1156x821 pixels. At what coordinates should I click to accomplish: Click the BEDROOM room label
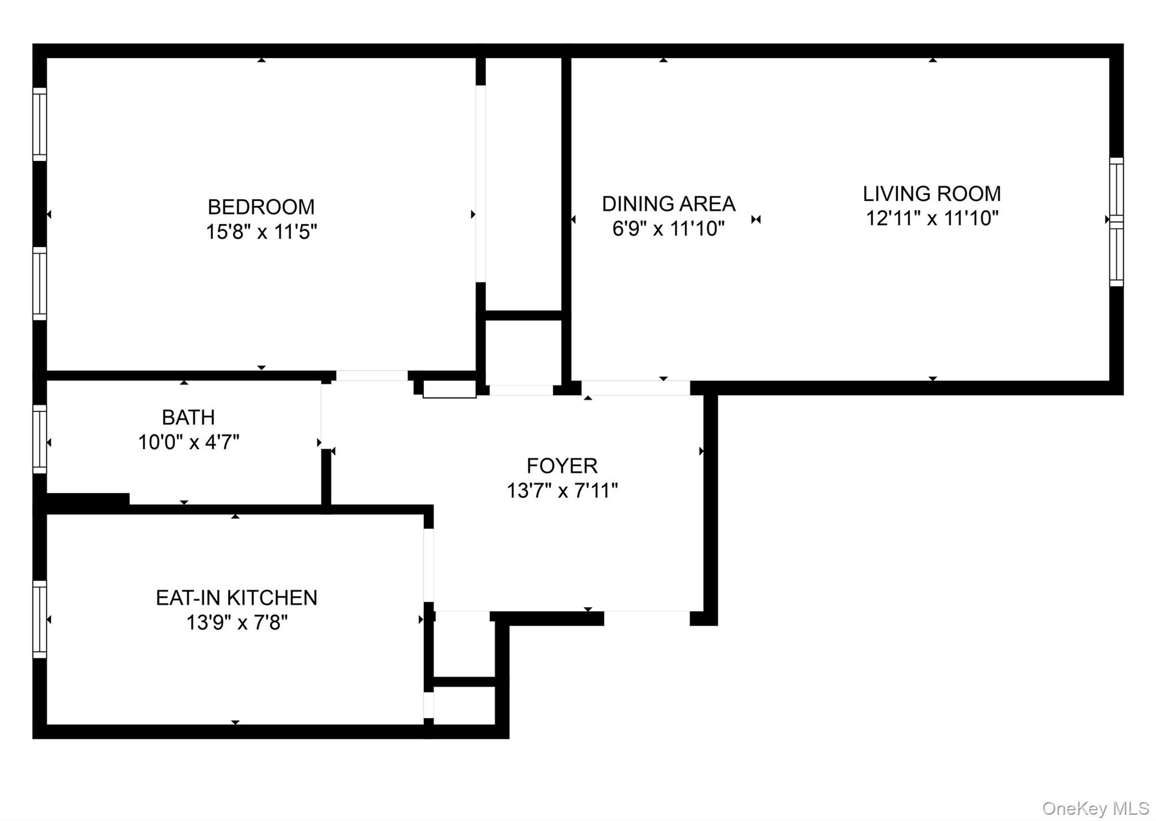(261, 207)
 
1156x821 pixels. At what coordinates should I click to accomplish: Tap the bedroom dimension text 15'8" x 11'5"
(261, 232)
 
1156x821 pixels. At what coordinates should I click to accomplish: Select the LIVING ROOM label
(931, 194)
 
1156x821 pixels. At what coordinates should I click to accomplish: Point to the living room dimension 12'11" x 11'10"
(932, 218)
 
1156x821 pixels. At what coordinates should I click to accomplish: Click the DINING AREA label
(668, 204)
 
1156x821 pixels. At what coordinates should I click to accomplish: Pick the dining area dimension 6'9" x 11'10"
(668, 229)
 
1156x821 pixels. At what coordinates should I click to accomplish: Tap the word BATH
(188, 418)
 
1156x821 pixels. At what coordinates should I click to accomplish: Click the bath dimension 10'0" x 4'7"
(189, 442)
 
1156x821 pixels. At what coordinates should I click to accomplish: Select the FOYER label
(562, 466)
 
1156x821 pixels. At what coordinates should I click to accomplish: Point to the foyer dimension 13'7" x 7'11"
(562, 491)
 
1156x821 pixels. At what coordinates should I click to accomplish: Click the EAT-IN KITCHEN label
(237, 598)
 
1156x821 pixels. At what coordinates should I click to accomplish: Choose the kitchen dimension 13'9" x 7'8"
(237, 623)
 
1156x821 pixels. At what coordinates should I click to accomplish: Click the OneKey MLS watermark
(1095, 809)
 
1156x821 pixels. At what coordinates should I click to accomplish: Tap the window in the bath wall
(40, 440)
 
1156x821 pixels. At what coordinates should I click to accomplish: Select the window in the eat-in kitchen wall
(40, 620)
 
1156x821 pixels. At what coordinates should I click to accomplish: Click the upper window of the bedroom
(40, 124)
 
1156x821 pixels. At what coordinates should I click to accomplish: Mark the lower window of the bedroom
(40, 283)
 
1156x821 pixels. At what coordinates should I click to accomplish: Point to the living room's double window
(1116, 222)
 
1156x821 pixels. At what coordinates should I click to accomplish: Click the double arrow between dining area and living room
(756, 219)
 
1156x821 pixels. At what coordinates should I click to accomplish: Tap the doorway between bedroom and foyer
(372, 376)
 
